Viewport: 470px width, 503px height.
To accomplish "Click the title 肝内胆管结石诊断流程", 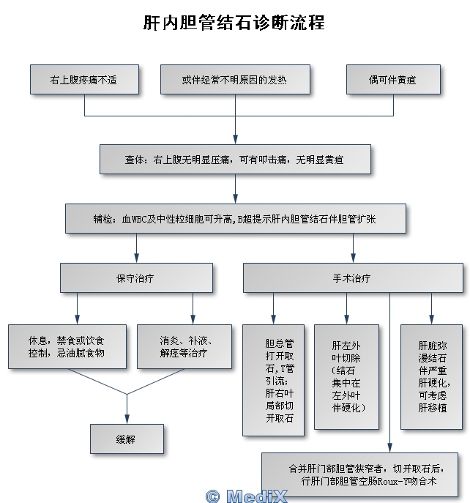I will click(234, 23).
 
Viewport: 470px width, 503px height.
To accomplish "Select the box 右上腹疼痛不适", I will click(84, 80).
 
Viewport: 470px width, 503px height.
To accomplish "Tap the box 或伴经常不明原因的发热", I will click(235, 80).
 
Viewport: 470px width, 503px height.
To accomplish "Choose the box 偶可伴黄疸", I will click(393, 80).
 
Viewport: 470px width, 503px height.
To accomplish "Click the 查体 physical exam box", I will click(235, 159).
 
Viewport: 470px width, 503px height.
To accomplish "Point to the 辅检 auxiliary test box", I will click(235, 219).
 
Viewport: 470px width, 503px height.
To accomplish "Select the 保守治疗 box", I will click(136, 278).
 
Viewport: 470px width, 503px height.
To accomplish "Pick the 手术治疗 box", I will click(353, 278).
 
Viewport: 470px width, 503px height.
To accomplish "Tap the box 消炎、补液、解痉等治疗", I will click(184, 346).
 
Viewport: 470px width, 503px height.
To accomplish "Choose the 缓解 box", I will click(127, 439).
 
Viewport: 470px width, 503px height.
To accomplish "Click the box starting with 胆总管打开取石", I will click(273, 380).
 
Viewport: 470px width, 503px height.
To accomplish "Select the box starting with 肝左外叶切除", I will click(347, 376).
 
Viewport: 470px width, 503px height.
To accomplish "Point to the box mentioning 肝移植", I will click(431, 376).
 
